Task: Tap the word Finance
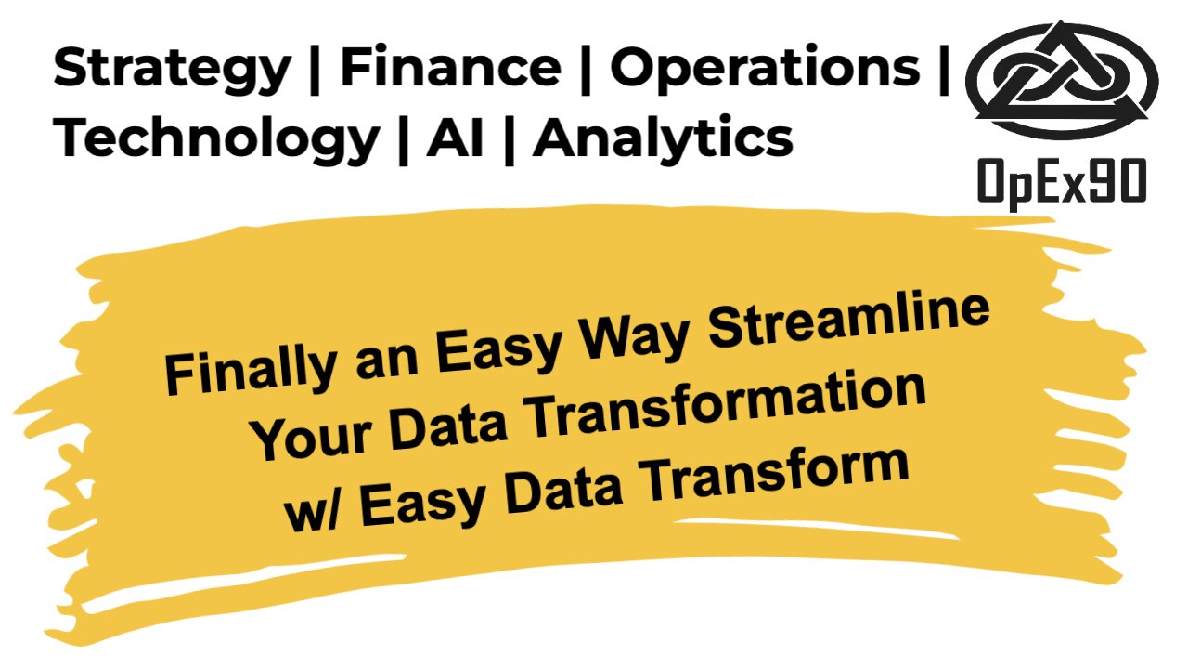[x=450, y=68]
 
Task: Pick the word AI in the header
[x=455, y=138]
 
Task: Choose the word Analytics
[x=664, y=139]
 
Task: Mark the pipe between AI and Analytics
[x=509, y=139]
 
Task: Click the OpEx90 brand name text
[x=1062, y=180]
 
